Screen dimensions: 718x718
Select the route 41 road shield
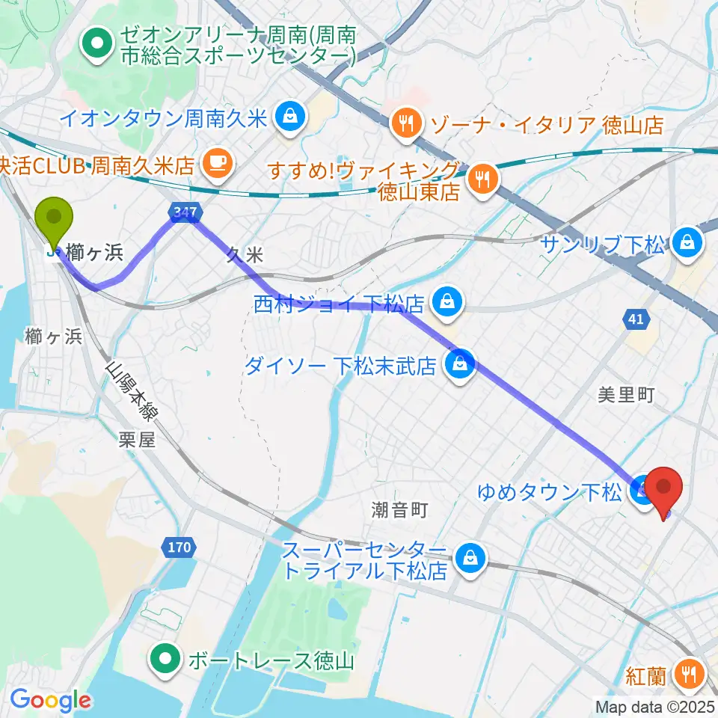click(635, 320)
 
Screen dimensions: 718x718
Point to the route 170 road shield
click(180, 548)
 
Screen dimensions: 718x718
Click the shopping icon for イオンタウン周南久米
click(288, 116)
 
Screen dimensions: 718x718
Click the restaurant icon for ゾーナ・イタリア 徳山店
click(407, 123)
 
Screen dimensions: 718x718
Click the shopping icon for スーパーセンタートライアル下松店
click(472, 557)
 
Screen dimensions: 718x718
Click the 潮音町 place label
click(399, 510)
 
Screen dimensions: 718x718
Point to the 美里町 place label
click(626, 395)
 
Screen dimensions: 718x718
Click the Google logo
click(51, 700)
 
